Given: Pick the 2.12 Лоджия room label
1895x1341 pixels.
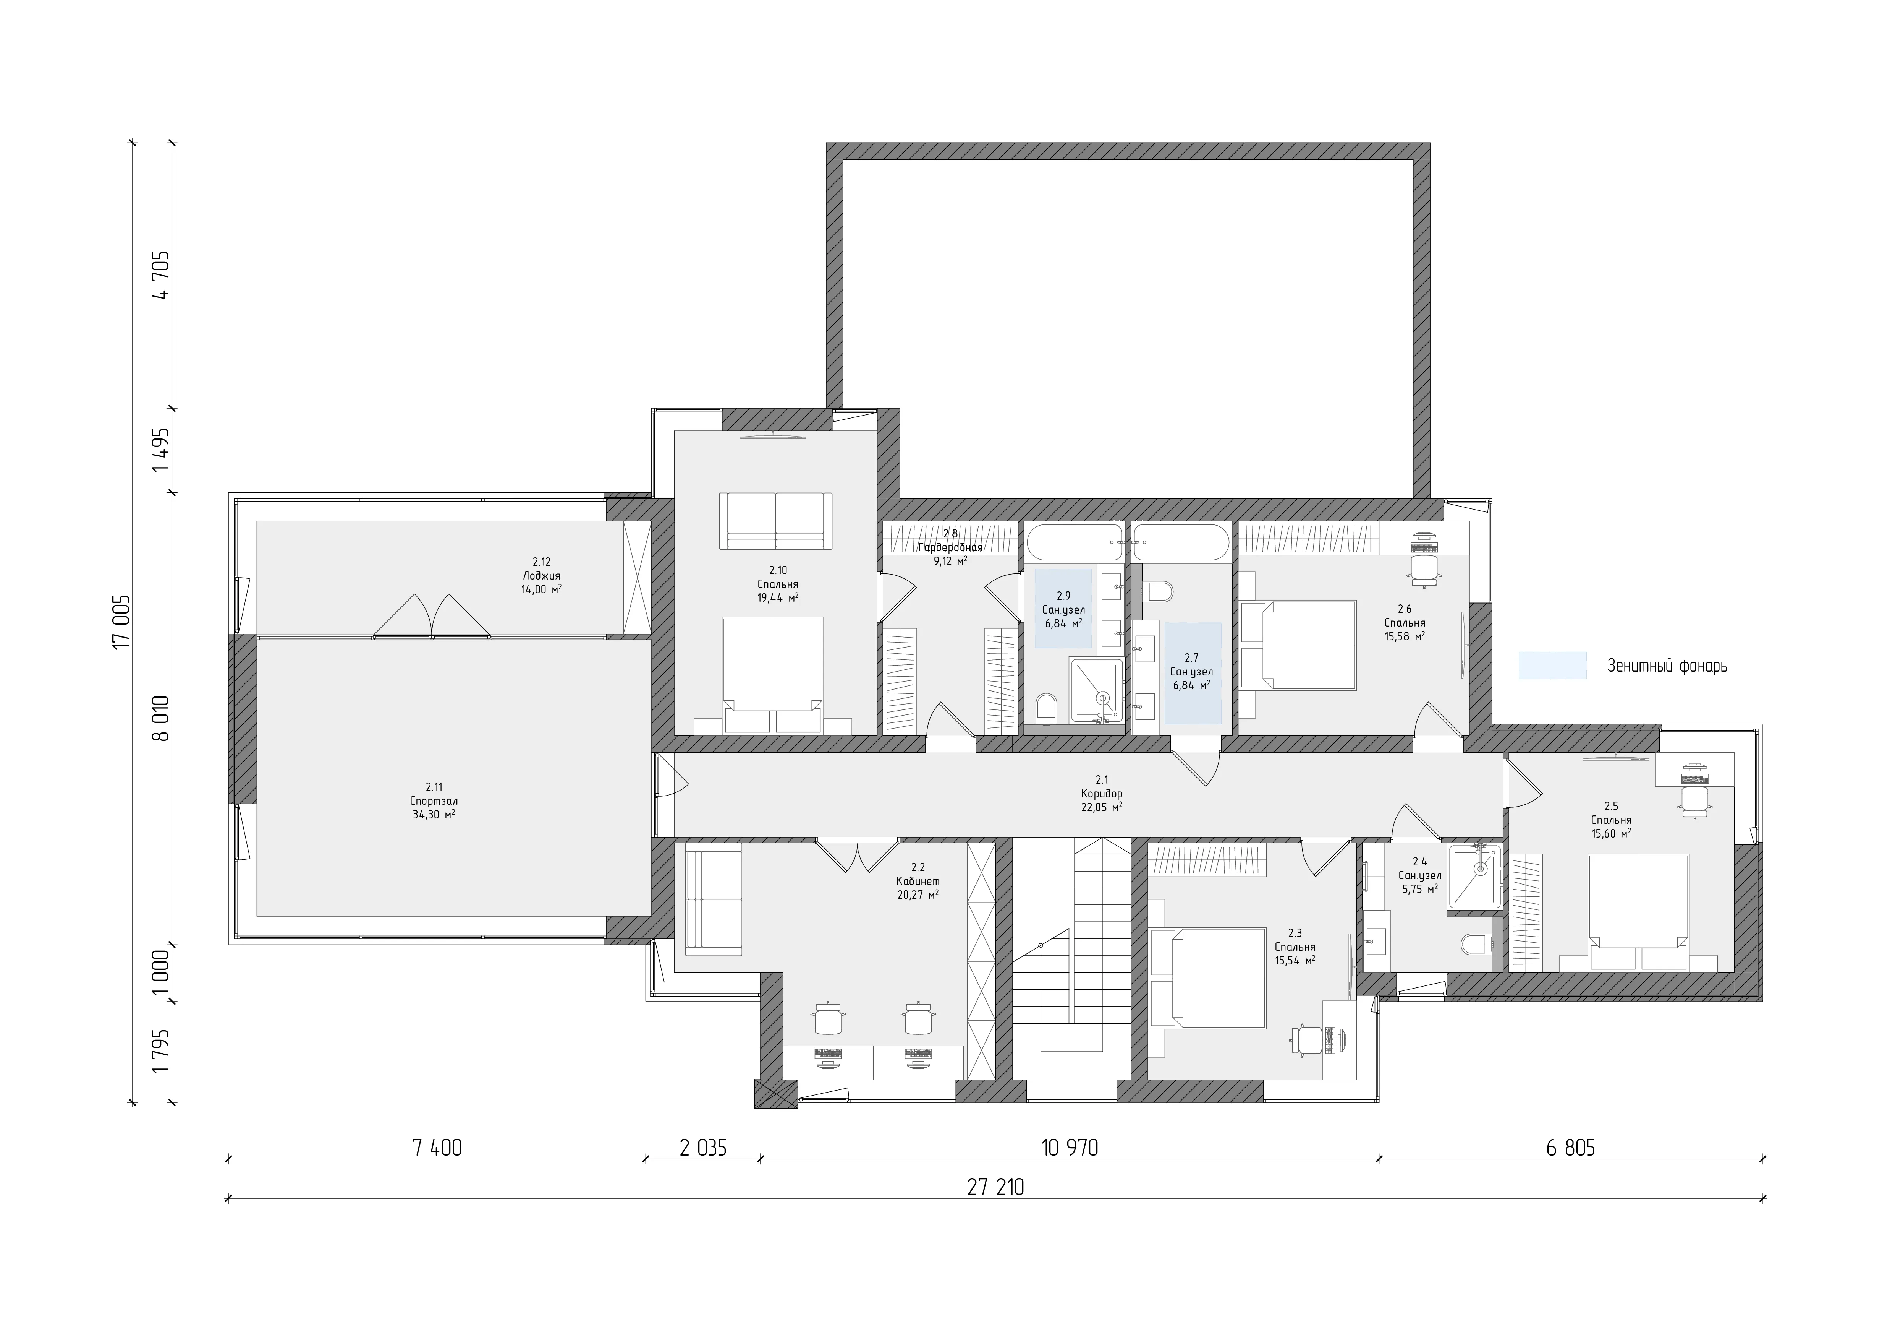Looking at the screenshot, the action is pyautogui.click(x=541, y=576).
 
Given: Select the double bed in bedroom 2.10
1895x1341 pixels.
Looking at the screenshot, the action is pyautogui.click(x=772, y=675).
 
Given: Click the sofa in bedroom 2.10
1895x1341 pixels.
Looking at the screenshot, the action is pyautogui.click(x=776, y=520).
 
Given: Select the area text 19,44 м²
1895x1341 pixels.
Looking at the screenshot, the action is pyautogui.click(x=777, y=597).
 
